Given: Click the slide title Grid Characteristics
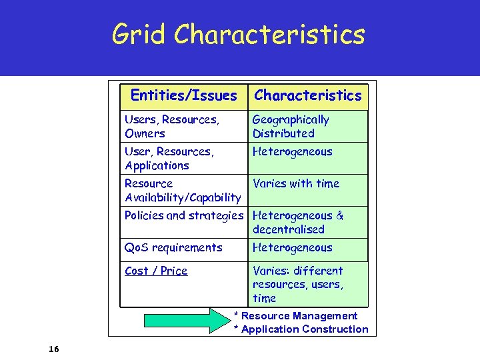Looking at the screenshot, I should (239, 34).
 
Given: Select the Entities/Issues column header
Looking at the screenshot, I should (183, 95).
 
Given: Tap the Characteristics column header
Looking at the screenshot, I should (307, 95).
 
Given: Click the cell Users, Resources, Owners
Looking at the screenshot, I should (171, 126).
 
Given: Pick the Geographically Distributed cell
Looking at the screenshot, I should (291, 126).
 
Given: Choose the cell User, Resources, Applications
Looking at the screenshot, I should (169, 158).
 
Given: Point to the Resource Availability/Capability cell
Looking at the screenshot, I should (182, 190).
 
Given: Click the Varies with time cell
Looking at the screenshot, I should (296, 183).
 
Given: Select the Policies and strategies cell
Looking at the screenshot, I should (184, 215).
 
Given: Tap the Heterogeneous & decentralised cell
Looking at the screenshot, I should (298, 222).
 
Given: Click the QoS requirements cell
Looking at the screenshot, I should (173, 247).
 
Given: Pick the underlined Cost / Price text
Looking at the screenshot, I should (156, 271).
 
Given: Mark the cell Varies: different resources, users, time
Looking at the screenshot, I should (297, 284).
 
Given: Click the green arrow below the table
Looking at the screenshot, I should (187, 320).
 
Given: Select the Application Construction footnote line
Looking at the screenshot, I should (301, 329).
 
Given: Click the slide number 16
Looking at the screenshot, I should (54, 349).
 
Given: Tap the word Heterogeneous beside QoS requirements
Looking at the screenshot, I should (292, 247).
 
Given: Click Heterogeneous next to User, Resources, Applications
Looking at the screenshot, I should (292, 151).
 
